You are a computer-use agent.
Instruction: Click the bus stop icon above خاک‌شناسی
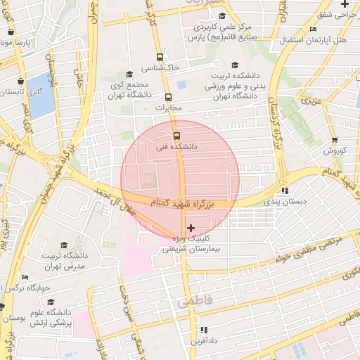(161, 58)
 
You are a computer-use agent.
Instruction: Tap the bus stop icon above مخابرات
(168, 97)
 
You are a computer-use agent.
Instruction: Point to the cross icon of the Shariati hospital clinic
(191, 228)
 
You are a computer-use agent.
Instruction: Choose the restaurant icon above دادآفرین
(203, 330)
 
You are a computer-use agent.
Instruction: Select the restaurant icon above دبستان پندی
(284, 191)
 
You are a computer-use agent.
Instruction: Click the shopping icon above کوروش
(335, 140)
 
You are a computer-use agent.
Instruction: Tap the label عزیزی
(311, 101)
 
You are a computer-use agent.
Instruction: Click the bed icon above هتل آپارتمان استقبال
(312, 30)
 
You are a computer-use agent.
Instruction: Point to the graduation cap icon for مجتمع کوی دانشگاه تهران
(128, 74)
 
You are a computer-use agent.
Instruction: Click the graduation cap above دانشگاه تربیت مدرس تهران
(64, 245)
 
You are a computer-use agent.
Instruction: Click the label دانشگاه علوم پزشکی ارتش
(49, 316)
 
